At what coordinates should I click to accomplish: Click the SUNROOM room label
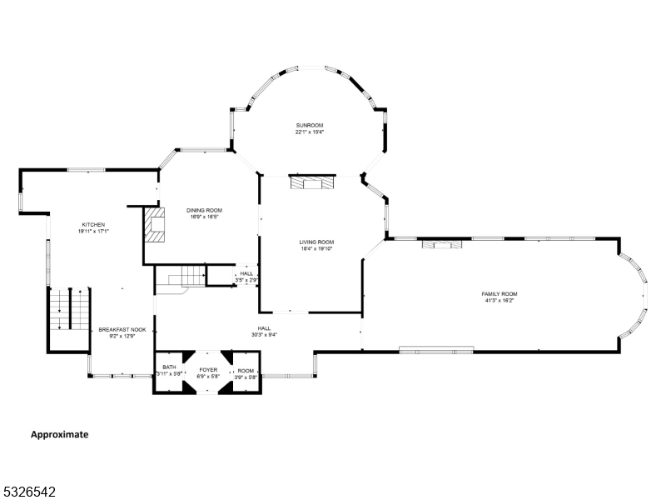coord(309,125)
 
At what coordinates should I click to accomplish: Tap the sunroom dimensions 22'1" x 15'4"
coord(309,132)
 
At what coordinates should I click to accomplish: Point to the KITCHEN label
coord(93,224)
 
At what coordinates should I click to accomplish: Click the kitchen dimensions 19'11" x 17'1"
coord(93,231)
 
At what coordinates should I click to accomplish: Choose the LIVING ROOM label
coord(316,242)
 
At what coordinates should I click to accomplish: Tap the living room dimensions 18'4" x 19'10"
coord(316,248)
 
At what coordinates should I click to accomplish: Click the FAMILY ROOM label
coord(499,293)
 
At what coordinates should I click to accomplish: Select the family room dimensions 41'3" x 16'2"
coord(499,300)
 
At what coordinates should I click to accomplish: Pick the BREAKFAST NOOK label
coord(122,329)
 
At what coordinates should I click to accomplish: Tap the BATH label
coord(169,367)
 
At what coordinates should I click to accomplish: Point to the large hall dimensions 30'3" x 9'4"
coord(264,335)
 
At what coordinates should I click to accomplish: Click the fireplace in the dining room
coord(155,224)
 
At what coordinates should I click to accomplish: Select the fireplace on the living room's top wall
coord(311,181)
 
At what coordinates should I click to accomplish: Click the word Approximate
coord(59,434)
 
